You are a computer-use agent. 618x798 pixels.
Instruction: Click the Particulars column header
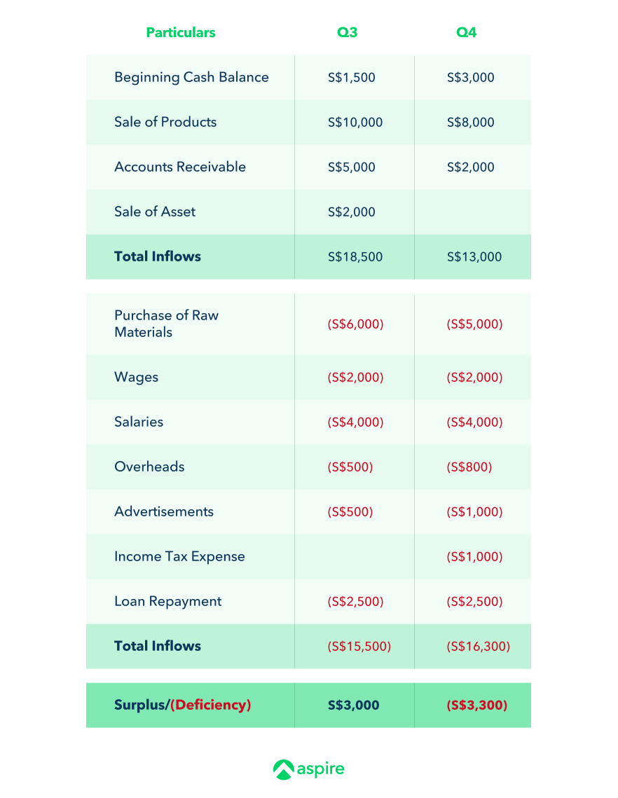pos(180,32)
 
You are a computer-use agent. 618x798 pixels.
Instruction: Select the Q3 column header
pos(347,32)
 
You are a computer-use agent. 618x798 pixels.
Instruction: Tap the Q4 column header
pos(466,32)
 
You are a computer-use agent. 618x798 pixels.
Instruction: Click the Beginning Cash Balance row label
pos(191,77)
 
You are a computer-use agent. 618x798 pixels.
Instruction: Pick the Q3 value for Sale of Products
pos(355,122)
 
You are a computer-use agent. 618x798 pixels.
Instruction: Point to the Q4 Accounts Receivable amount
pos(470,167)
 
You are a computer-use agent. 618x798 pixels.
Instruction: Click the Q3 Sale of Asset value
pos(351,212)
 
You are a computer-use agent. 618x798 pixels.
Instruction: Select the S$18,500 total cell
pos(355,256)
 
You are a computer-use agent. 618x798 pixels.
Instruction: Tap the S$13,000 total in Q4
pos(474,256)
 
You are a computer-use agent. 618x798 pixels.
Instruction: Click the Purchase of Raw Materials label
pos(166,324)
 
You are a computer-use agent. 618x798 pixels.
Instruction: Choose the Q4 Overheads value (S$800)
pos(469,467)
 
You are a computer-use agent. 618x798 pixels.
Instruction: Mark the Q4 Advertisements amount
pos(474,511)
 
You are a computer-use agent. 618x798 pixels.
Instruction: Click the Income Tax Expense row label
pos(179,556)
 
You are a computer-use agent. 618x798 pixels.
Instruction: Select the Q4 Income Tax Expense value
pos(474,556)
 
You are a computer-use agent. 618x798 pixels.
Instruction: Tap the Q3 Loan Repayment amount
pos(355,601)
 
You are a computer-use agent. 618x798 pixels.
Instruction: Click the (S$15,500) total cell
pos(359,646)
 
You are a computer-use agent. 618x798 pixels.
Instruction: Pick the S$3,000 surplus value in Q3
pos(353,705)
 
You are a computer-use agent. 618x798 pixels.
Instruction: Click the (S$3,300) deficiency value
pos(476,705)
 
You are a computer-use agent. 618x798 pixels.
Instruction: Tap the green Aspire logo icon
pos(284,769)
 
